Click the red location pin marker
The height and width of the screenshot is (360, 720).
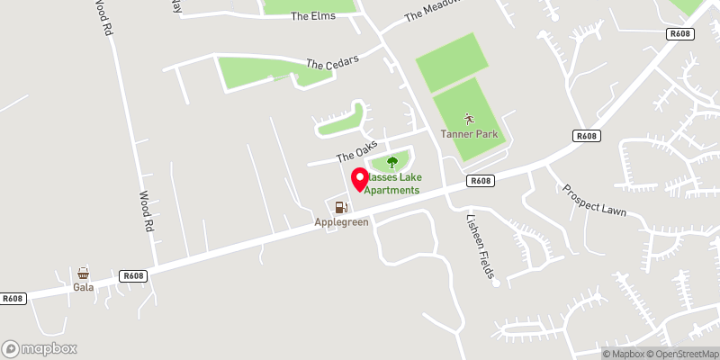click(x=359, y=179)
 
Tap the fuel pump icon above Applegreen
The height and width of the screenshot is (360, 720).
click(x=340, y=207)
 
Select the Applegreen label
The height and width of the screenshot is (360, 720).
click(x=341, y=222)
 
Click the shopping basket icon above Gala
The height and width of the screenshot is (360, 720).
click(x=84, y=274)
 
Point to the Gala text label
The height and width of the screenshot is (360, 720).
click(x=84, y=288)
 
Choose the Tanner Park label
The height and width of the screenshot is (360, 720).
click(x=468, y=135)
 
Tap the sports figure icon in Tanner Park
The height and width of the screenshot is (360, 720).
click(x=468, y=119)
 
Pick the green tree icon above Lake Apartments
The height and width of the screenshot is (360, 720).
click(x=391, y=162)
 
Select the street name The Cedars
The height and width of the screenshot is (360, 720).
click(x=332, y=63)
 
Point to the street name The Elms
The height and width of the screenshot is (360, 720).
click(x=312, y=16)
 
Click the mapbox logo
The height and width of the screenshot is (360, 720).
click(x=40, y=348)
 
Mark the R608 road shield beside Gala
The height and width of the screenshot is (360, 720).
click(x=133, y=275)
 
